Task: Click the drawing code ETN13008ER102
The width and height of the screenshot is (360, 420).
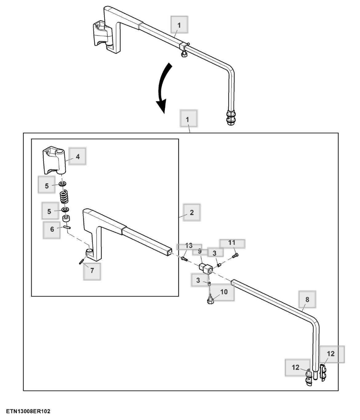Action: point(28,411)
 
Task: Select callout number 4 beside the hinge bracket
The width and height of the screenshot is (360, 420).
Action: point(78,157)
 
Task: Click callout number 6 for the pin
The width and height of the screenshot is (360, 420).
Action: point(52,229)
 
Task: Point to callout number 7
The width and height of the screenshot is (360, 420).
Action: point(92,271)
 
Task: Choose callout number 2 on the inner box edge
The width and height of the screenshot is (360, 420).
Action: point(192,212)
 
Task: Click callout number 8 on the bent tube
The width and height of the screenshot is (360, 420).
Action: point(307,299)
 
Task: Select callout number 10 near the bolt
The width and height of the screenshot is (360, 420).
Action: point(224,291)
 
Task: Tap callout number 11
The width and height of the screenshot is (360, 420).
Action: point(232,243)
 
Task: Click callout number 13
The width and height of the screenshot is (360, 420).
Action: point(189,245)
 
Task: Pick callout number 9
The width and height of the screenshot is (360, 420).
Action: point(200,251)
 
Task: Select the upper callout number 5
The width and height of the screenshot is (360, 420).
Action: point(47,186)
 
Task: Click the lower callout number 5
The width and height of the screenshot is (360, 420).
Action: point(49,212)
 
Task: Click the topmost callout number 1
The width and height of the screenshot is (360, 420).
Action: point(179,25)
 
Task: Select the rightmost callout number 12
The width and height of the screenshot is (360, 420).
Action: point(330,354)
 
